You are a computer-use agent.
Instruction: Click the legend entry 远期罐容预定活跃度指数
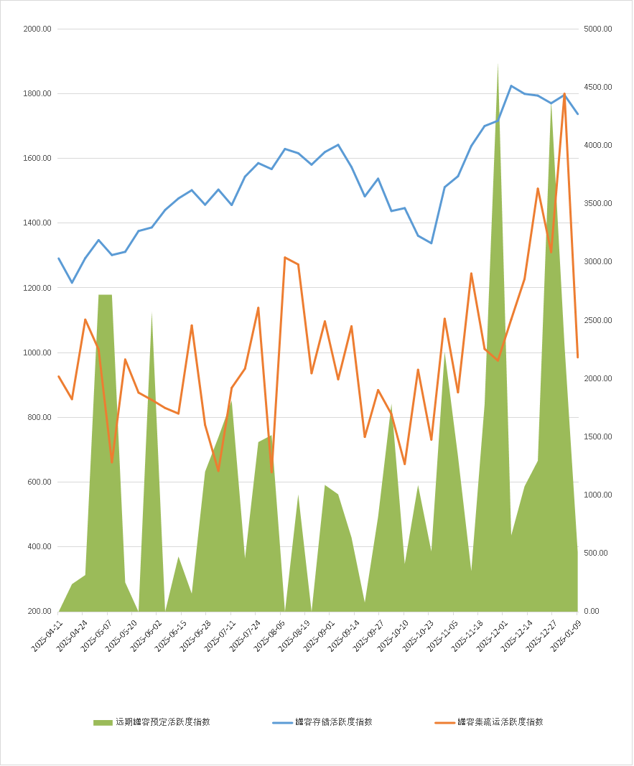click(x=161, y=722)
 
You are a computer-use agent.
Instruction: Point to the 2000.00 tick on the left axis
click(x=37, y=29)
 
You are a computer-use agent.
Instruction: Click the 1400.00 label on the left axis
click(x=37, y=223)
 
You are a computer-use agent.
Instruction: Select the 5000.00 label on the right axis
click(x=597, y=29)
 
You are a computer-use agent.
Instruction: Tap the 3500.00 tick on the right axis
click(x=597, y=204)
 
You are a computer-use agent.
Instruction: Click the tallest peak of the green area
click(x=498, y=65)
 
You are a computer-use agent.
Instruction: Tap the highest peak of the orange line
click(x=564, y=93)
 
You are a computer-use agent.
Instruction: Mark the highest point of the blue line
click(x=511, y=85)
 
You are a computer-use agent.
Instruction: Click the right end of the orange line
click(x=577, y=357)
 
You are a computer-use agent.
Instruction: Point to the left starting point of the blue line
click(x=59, y=258)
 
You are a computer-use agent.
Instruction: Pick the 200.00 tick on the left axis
click(x=39, y=612)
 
